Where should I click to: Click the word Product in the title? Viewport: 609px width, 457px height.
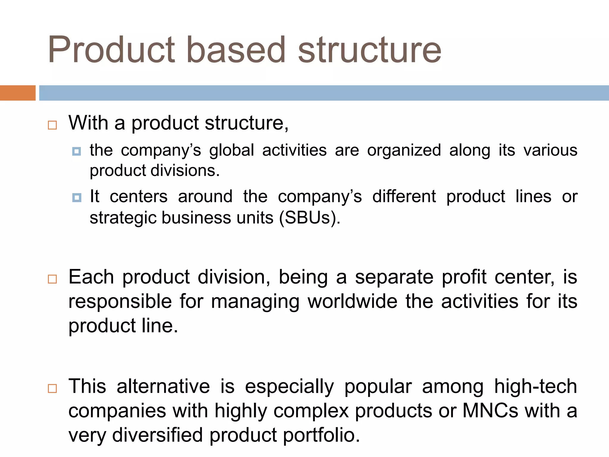[x=112, y=50]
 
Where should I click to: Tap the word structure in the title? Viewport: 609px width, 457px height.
[x=370, y=50]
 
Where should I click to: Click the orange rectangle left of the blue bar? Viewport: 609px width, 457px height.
[x=18, y=93]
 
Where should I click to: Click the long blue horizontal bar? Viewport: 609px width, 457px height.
[x=324, y=93]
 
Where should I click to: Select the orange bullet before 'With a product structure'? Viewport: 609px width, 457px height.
[x=52, y=125]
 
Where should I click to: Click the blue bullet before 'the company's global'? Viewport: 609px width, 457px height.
[x=77, y=151]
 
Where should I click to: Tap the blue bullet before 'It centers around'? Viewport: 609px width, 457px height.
[x=77, y=198]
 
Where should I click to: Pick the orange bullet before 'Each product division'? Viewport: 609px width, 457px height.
[x=52, y=279]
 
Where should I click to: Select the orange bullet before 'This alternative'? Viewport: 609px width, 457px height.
[x=52, y=389]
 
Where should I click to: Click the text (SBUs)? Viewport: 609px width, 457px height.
[x=310, y=218]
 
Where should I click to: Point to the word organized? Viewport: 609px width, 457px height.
[x=404, y=151]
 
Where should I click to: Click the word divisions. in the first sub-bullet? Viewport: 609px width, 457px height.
[x=185, y=171]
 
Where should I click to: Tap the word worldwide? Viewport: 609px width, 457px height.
[x=352, y=301]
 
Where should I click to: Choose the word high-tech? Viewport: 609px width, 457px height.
[x=535, y=386]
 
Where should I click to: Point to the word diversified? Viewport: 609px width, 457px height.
[x=158, y=435]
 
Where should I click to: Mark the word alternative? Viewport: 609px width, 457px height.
[x=163, y=386]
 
